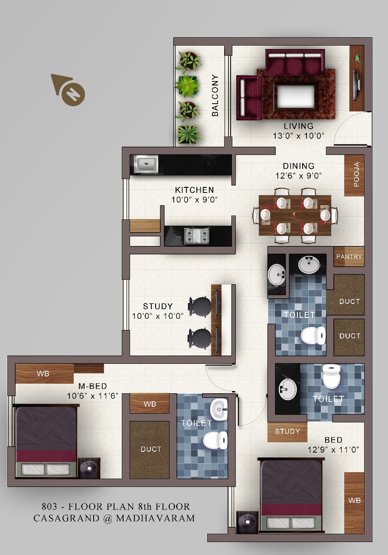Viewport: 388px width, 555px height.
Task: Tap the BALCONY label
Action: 215,95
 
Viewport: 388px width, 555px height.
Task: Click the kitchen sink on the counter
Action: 146,164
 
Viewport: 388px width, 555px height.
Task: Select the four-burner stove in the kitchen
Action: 197,236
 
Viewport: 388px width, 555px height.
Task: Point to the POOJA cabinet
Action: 354,176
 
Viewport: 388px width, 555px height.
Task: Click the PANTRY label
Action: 349,257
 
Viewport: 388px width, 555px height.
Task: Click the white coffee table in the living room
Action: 296,96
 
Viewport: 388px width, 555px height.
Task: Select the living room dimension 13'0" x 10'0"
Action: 299,136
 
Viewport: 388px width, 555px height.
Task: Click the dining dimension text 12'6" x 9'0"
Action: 299,176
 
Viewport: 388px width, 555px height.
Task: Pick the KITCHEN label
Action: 195,190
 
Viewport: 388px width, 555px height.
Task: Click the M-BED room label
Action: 93,386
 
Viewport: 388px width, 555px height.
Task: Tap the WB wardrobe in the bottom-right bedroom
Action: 354,503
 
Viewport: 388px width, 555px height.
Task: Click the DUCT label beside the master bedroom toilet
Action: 151,449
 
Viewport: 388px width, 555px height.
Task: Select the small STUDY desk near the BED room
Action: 287,432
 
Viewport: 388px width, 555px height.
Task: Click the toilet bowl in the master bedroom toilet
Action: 215,440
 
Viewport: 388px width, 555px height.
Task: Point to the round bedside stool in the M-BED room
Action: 89,468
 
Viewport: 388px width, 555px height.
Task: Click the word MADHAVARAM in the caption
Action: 155,518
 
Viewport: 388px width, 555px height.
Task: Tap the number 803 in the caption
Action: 49,506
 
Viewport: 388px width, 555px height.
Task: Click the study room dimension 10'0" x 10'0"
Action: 157,316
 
